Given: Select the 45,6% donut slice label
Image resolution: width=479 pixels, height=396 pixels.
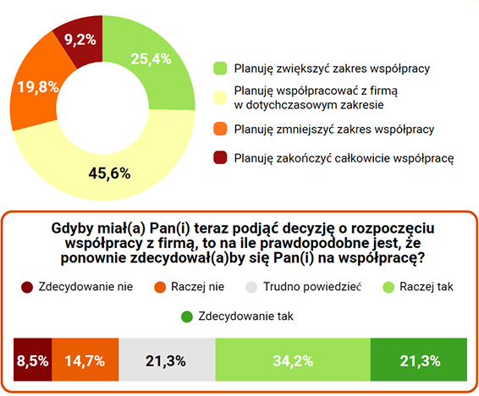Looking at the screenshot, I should (109, 173).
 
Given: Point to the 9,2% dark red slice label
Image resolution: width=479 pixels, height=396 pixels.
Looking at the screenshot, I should (80, 38).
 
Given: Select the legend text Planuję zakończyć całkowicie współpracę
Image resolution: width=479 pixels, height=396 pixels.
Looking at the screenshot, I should (344, 157).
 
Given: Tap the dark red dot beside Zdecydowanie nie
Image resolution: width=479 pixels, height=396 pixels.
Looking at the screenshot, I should (26, 286).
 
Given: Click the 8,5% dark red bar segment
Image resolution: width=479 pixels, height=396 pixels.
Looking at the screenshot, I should (32, 361).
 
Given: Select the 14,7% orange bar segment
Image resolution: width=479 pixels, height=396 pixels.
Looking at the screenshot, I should (84, 361).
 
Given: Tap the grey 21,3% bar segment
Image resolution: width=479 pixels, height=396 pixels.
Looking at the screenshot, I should (166, 361).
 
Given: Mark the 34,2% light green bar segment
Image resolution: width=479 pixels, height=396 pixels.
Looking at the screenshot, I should (293, 361).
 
